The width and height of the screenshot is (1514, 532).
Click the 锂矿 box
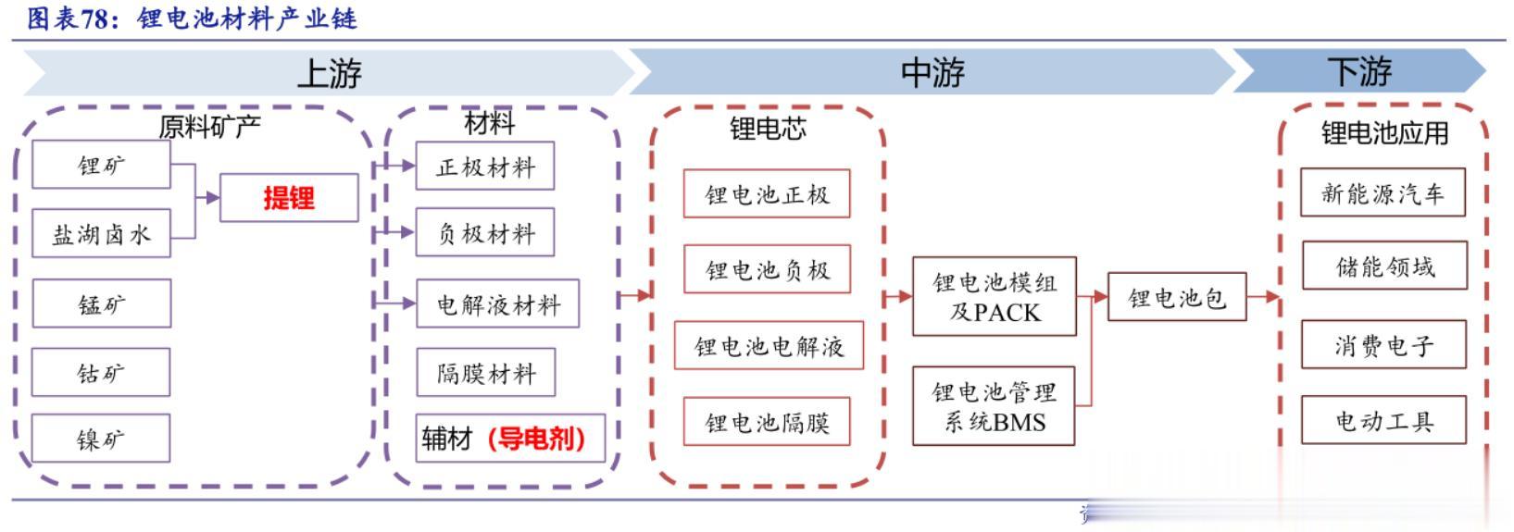pyautogui.click(x=101, y=165)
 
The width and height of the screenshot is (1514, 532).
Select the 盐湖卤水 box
pyautogui.click(x=101, y=233)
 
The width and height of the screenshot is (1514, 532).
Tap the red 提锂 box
pyautogui.click(x=289, y=197)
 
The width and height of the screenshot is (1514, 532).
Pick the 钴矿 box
pyautogui.click(x=101, y=372)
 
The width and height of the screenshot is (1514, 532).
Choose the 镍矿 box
pyautogui.click(x=101, y=438)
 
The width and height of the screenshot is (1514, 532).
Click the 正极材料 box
pyautogui.click(x=485, y=167)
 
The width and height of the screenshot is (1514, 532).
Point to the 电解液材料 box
pyautogui.click(x=497, y=303)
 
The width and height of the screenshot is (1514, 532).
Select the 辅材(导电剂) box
pyautogui.click(x=509, y=438)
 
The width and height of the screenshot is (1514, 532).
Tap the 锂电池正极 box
pyautogui.click(x=767, y=193)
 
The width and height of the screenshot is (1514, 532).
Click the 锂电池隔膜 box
pyautogui.click(x=767, y=422)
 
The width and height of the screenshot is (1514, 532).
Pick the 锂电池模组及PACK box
pyautogui.click(x=994, y=296)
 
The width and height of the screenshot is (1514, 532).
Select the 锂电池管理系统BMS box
pyautogui.click(x=994, y=406)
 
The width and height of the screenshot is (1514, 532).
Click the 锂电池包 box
pyautogui.click(x=1176, y=297)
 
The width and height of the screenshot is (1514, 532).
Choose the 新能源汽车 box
pyautogui.click(x=1383, y=192)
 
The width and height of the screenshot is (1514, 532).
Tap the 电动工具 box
pyautogui.click(x=1383, y=421)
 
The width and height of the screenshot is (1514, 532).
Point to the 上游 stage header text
pyautogui.click(x=329, y=72)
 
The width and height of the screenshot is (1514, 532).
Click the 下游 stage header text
pyautogui.click(x=1358, y=71)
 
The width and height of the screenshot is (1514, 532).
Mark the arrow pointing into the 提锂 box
pyautogui.click(x=208, y=197)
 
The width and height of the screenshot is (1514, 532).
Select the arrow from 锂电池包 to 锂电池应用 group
pyautogui.click(x=1263, y=297)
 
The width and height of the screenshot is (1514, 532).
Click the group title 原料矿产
pyautogui.click(x=209, y=126)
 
